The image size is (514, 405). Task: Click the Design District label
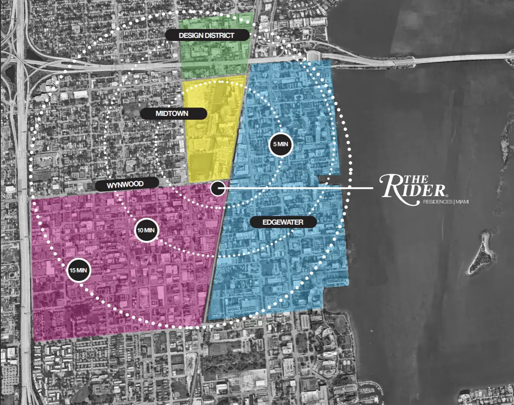pos(207,35)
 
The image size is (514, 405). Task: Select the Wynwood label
pos(126,184)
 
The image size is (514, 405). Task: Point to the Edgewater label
pos(283,222)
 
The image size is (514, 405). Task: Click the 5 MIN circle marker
pos(280,145)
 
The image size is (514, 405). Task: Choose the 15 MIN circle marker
pos(78,270)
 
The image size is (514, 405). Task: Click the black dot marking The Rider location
pos(218,188)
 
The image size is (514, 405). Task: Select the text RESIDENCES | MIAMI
pos(445,202)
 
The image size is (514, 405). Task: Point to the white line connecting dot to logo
pos(298,188)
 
